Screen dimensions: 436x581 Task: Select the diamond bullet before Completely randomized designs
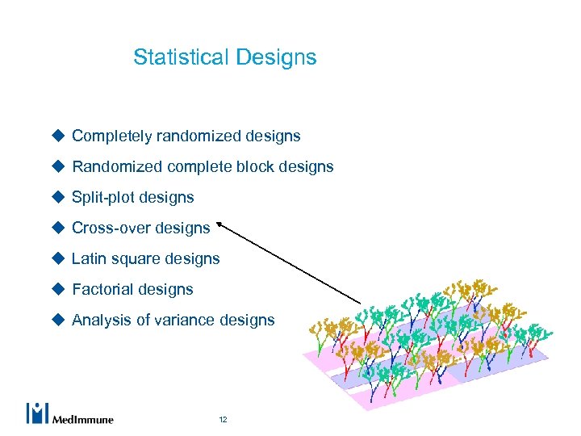pyautogui.click(x=58, y=136)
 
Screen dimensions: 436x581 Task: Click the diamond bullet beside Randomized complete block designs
pyautogui.click(x=58, y=166)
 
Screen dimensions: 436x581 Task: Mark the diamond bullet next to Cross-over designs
pyautogui.click(x=58, y=228)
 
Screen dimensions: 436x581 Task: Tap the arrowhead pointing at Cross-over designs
pyautogui.click(x=220, y=227)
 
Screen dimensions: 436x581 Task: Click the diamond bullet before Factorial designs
pyautogui.click(x=58, y=289)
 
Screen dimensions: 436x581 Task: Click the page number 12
pyautogui.click(x=223, y=420)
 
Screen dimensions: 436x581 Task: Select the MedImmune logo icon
pyautogui.click(x=38, y=413)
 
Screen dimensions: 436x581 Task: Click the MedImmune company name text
pyautogui.click(x=82, y=419)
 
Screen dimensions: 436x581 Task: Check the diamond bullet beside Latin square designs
pyautogui.click(x=58, y=258)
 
